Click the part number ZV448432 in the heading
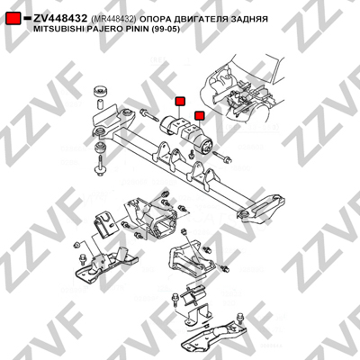click(60, 19)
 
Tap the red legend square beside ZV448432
click(13, 19)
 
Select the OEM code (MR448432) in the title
click(113, 19)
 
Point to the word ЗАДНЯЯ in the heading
click(247, 19)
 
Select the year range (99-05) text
click(166, 30)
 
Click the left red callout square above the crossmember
click(180, 102)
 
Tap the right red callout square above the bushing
click(200, 115)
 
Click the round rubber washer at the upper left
click(101, 91)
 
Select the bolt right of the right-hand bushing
click(222, 157)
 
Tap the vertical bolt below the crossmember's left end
click(99, 166)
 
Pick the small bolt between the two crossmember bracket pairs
click(191, 155)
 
